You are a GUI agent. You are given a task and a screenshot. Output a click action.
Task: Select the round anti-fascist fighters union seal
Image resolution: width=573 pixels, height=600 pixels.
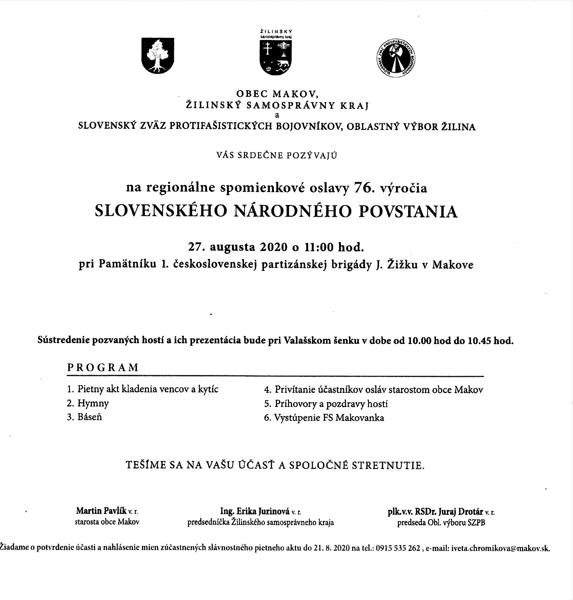[395, 58]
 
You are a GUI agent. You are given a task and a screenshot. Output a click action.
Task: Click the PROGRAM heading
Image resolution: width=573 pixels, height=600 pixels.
[103, 367]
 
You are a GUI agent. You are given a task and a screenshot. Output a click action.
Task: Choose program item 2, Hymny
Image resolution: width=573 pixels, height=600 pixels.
[93, 403]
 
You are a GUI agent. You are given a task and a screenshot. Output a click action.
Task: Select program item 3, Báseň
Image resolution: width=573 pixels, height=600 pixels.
[89, 417]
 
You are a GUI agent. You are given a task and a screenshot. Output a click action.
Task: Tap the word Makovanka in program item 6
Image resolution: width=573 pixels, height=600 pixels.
[360, 418]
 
